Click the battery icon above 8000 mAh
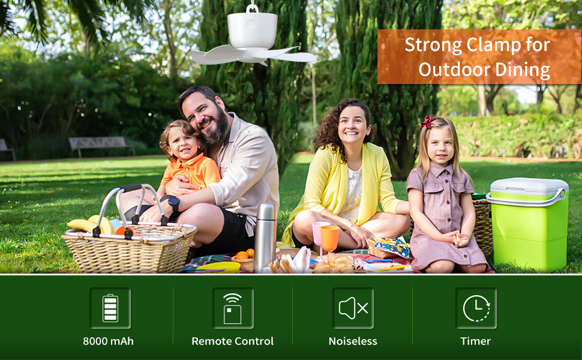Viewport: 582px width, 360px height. tap(110, 308)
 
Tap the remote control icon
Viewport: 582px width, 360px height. tap(233, 308)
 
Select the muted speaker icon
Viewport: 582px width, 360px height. tap(353, 308)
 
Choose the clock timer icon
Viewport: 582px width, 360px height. tap(476, 308)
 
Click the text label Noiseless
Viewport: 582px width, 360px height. tap(353, 341)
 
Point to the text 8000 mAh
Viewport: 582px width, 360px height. tap(108, 341)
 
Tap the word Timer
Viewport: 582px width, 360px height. tap(476, 341)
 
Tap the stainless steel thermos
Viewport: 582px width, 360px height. tap(265, 236)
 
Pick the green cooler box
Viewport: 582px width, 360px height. tap(529, 223)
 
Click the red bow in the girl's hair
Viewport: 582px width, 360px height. tap(427, 122)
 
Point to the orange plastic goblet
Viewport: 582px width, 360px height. tap(330, 238)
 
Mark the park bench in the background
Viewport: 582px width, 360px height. tap(101, 145)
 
